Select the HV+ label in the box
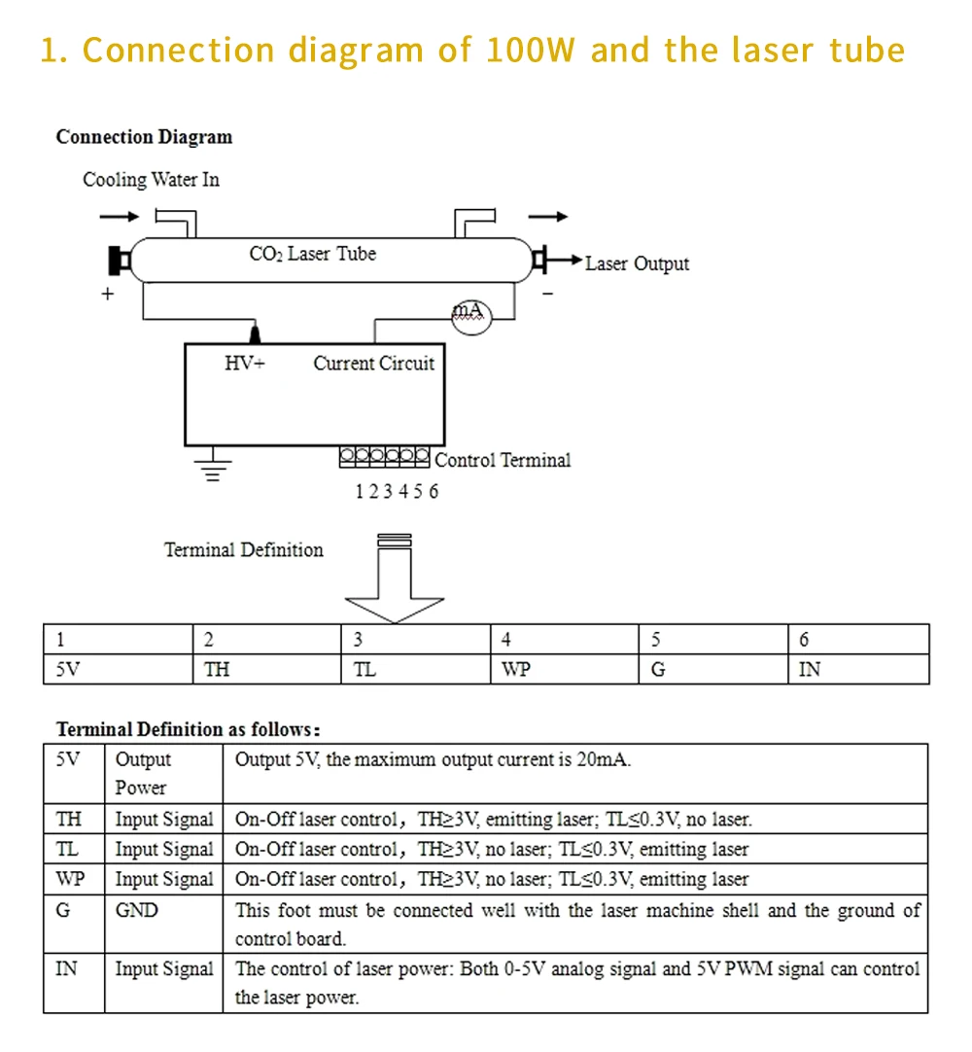pyautogui.click(x=245, y=364)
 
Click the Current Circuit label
pyautogui.click(x=374, y=364)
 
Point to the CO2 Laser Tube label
pyautogui.click(x=312, y=254)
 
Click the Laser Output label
pyautogui.click(x=637, y=263)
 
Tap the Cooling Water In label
pyautogui.click(x=151, y=180)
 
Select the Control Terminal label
pyautogui.click(x=503, y=460)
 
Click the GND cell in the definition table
pyautogui.click(x=137, y=911)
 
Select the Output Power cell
pyautogui.click(x=143, y=773)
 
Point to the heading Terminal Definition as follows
pyautogui.click(x=188, y=729)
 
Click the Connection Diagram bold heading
pyautogui.click(x=144, y=137)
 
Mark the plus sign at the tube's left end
pyautogui.click(x=107, y=293)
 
